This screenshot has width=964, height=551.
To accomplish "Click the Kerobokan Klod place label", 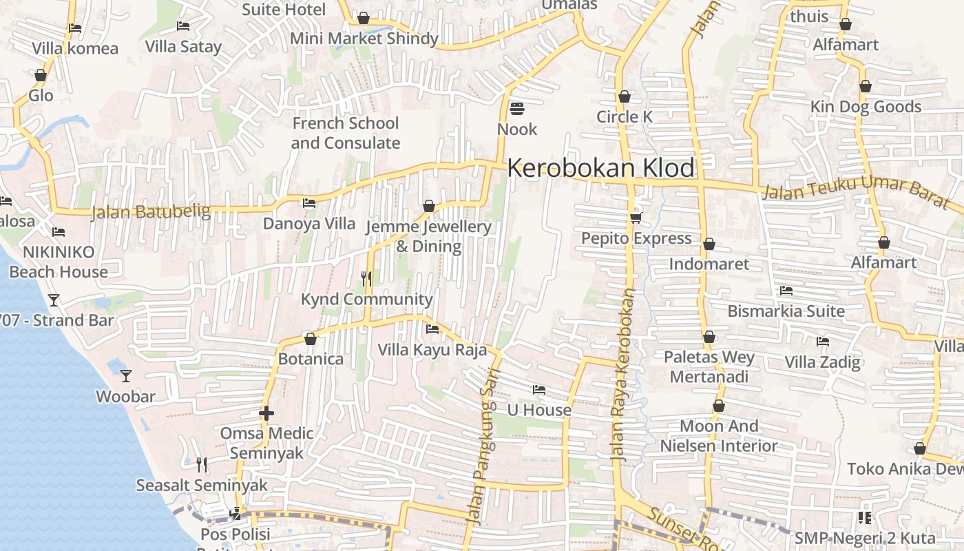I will (x=600, y=168).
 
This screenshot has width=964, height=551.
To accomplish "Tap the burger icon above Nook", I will (x=517, y=109).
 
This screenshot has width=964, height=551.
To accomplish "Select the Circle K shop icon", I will (x=625, y=96).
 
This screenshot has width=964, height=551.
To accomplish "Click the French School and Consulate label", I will (x=345, y=133).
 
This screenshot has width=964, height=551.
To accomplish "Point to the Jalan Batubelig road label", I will (x=151, y=211).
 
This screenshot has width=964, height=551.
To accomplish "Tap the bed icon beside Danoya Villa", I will (x=309, y=203).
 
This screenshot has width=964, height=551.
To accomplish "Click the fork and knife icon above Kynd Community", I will (x=366, y=278).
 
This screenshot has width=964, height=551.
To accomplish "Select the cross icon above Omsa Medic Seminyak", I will (x=266, y=413).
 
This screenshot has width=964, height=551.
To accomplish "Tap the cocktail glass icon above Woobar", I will (x=126, y=375).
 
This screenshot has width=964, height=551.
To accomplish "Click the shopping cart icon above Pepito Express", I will (x=636, y=218).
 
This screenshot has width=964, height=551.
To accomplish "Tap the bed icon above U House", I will (x=539, y=390).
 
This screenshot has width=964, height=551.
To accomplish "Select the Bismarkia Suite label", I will (x=786, y=311).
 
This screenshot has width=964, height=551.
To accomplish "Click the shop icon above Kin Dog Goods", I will (x=866, y=86).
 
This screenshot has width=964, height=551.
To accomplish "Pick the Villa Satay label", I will (x=183, y=46).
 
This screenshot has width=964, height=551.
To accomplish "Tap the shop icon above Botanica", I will (x=311, y=339).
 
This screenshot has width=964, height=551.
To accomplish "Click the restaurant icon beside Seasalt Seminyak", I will (x=202, y=465).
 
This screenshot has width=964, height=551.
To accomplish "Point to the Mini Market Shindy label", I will (x=364, y=39).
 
